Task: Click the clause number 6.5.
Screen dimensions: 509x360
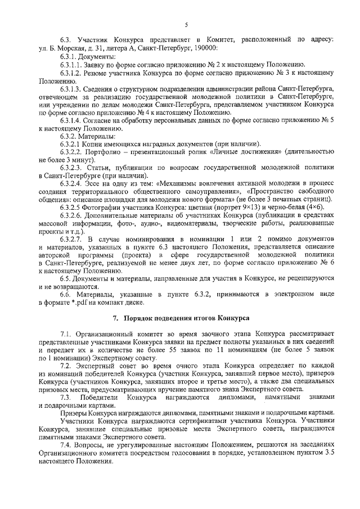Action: coord(65,278)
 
